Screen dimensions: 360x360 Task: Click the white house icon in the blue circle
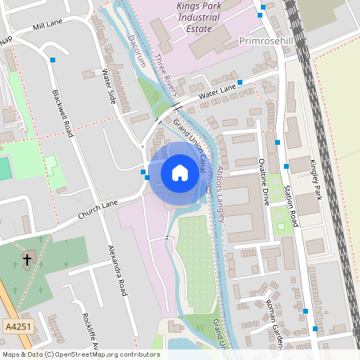point(180,172)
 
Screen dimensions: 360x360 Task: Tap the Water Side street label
point(110,86)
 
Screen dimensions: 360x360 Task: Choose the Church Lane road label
point(98,210)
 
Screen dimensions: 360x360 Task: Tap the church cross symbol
point(26,259)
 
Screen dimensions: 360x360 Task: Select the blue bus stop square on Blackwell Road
point(53,60)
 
